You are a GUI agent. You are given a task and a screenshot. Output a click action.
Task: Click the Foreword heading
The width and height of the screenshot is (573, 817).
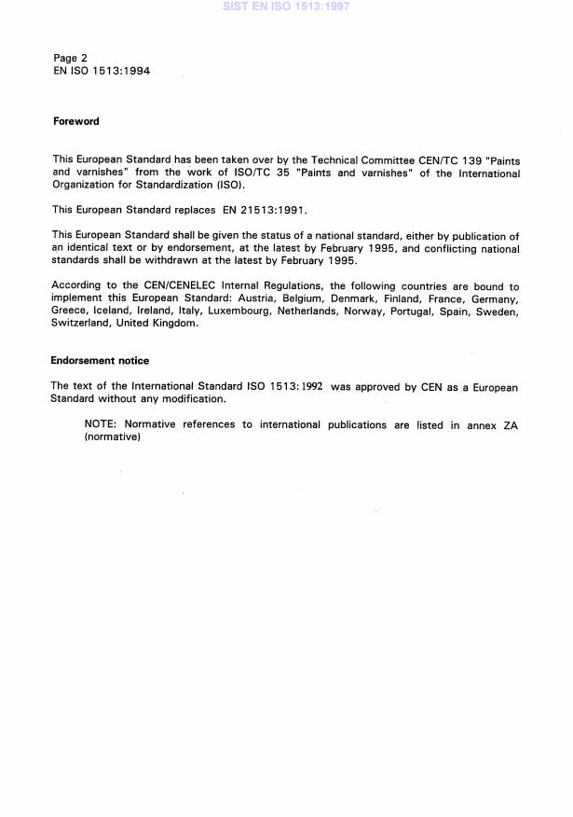pos(75,121)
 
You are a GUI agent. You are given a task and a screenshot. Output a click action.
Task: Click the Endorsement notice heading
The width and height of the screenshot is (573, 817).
pos(100,360)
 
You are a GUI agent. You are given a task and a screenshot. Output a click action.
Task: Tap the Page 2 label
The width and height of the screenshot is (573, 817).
pos(71,58)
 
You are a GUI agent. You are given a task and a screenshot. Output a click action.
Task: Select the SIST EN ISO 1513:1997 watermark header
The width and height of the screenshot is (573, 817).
pos(286,7)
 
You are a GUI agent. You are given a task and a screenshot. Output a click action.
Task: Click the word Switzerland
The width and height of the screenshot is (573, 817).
pos(80,323)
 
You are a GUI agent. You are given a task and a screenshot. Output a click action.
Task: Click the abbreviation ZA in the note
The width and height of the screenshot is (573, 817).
pos(508,424)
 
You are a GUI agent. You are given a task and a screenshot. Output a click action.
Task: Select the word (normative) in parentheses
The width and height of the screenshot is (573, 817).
pos(112,436)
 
